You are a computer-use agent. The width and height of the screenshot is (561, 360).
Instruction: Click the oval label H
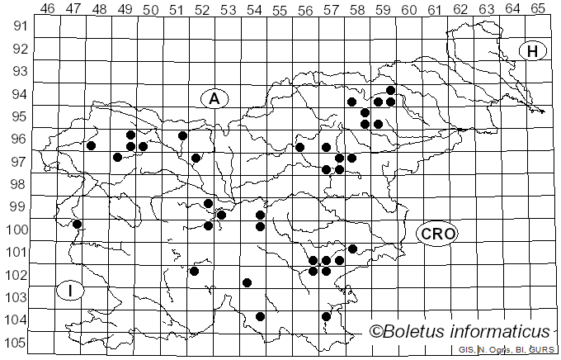[533, 51]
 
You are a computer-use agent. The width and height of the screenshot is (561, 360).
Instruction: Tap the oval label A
[214, 99]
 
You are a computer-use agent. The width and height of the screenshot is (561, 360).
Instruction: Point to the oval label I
[71, 290]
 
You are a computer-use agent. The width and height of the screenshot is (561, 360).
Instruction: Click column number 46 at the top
[47, 8]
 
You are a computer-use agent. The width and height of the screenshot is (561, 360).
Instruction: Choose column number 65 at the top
[538, 8]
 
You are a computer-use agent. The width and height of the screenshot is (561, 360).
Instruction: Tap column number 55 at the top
[280, 8]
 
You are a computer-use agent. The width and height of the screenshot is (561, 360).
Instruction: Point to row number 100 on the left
[17, 230]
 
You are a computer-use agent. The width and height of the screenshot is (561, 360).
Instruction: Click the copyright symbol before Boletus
[376, 332]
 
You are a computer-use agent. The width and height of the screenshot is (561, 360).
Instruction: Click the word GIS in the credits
[465, 350]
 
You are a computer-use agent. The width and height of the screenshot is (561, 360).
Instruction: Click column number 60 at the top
[408, 8]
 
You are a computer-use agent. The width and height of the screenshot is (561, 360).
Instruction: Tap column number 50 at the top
[150, 8]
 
